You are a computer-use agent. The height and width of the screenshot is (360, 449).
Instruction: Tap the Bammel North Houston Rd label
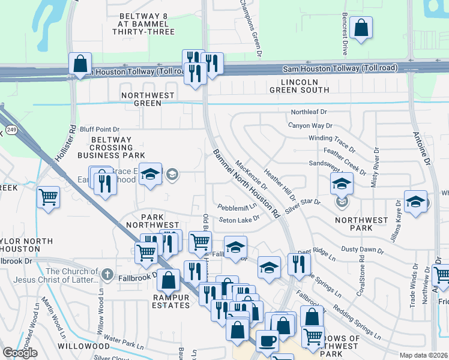coord(246,183)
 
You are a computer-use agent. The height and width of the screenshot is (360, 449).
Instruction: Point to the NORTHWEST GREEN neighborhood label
coord(148,99)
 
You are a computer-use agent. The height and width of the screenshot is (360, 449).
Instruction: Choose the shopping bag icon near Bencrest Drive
coord(361,28)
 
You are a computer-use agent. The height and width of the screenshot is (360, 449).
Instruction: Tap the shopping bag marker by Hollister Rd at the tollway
coord(80,64)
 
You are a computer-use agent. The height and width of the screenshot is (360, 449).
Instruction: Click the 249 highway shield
coord(11,129)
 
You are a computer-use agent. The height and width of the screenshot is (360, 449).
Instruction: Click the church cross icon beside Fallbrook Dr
coord(107,274)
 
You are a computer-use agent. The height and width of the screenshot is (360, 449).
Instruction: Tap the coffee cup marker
coord(268,340)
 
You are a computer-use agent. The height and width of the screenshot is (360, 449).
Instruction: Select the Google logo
coord(20,353)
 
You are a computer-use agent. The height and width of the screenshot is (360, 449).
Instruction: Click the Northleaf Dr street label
coord(309,112)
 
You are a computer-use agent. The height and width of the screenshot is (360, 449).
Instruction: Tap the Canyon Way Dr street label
coord(310,125)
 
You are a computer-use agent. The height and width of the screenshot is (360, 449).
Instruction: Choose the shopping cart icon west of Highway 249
coord(48,197)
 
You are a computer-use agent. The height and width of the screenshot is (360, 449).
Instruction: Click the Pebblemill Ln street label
coord(237,207)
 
